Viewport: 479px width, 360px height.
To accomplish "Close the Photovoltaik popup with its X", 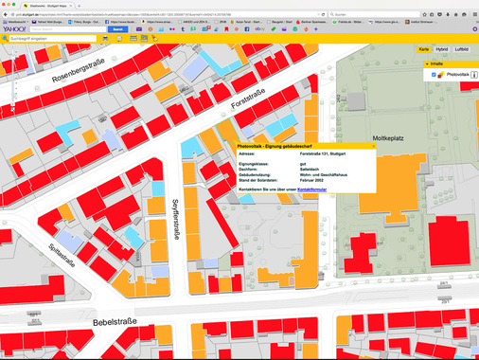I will click(373, 146).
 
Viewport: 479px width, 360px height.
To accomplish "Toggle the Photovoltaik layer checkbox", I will click(434, 74).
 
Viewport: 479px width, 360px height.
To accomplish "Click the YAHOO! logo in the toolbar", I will click(15, 29).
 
